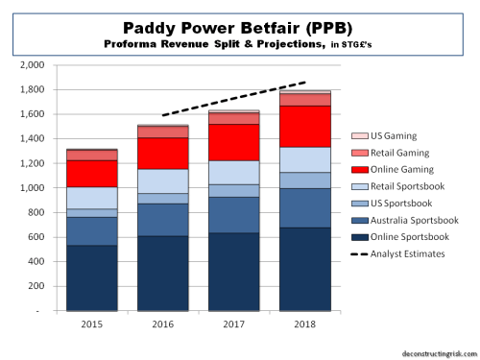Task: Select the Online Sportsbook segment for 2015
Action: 91,278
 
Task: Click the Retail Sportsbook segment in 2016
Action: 162,180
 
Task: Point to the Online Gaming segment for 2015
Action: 91,173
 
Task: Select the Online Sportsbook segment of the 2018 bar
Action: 304,269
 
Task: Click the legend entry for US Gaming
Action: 404,137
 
